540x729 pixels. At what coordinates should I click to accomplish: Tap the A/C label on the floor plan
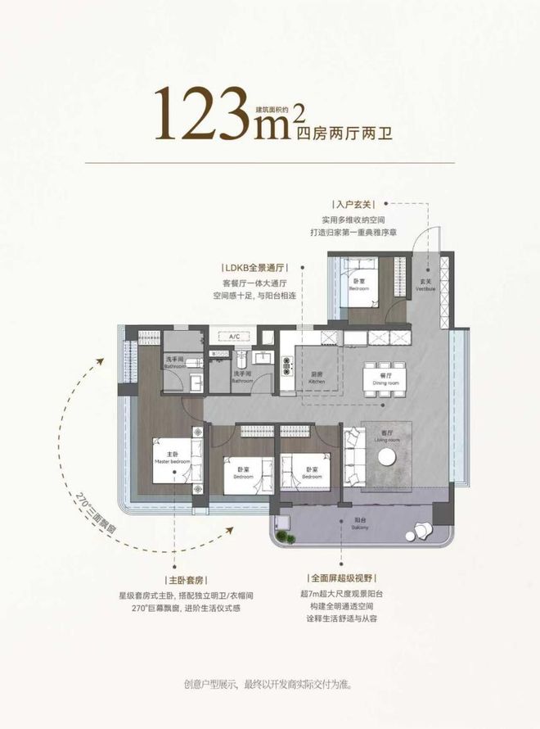click(233, 337)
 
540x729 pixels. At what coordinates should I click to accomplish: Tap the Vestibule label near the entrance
click(425, 288)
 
